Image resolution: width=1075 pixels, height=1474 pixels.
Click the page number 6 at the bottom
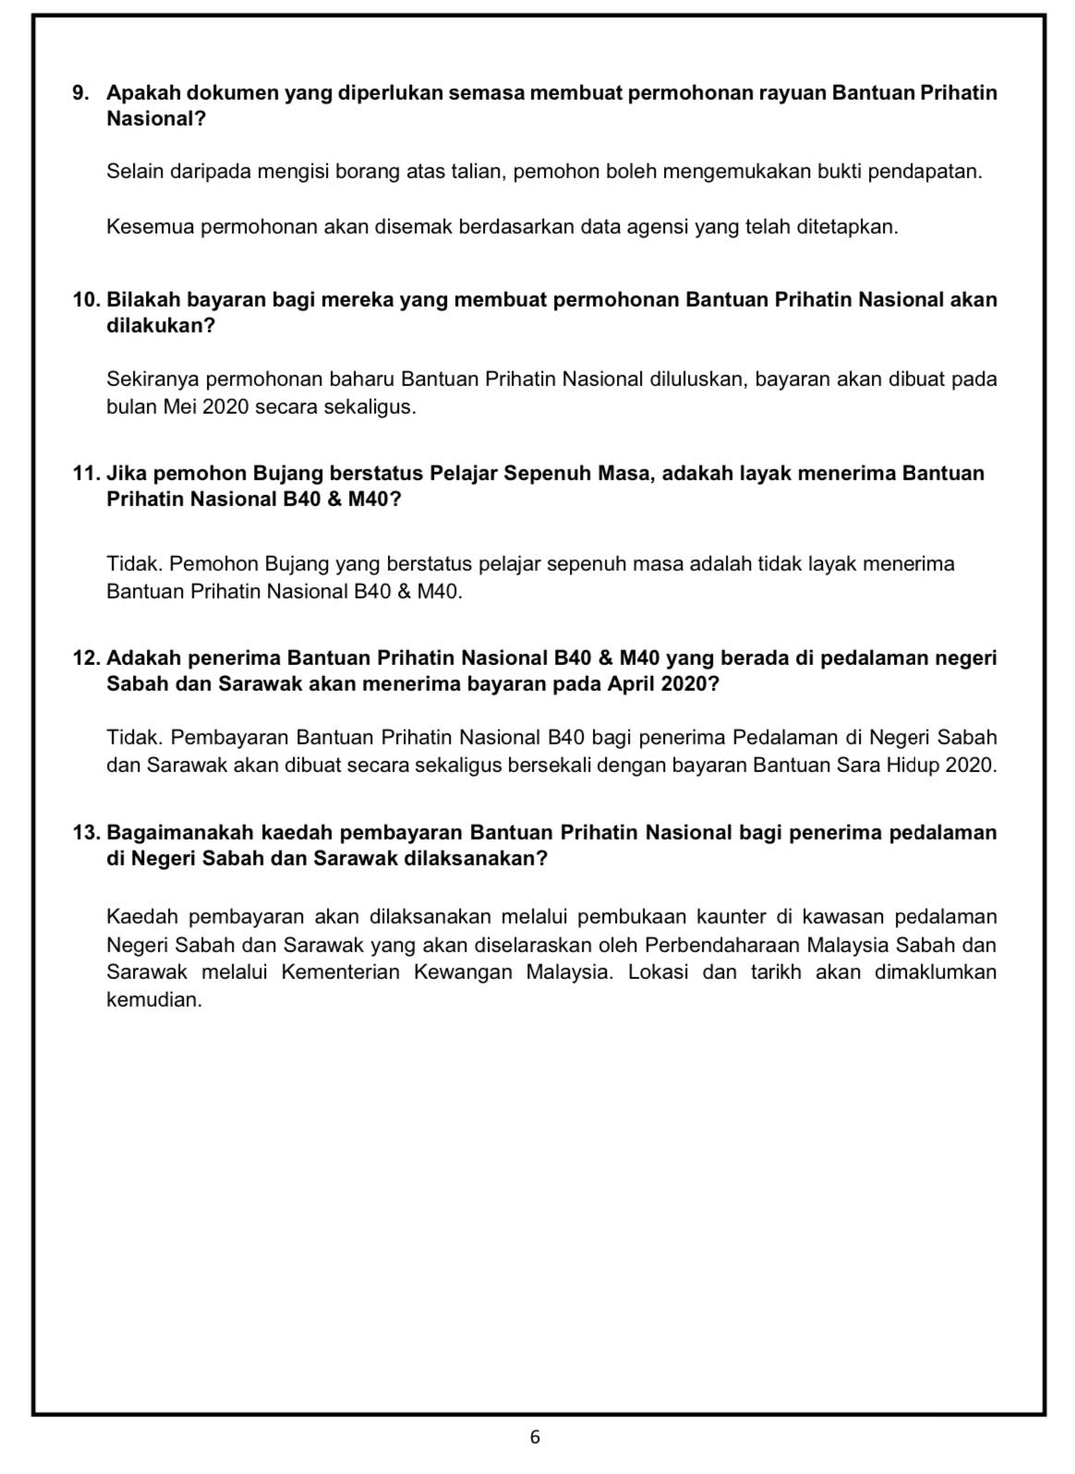[535, 1437]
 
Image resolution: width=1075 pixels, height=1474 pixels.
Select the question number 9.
[80, 93]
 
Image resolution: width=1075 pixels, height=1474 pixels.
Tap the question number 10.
[85, 300]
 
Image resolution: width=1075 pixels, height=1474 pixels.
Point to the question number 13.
[85, 832]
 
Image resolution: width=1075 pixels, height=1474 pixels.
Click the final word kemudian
[153, 1000]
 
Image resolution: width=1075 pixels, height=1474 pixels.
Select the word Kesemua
[148, 226]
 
